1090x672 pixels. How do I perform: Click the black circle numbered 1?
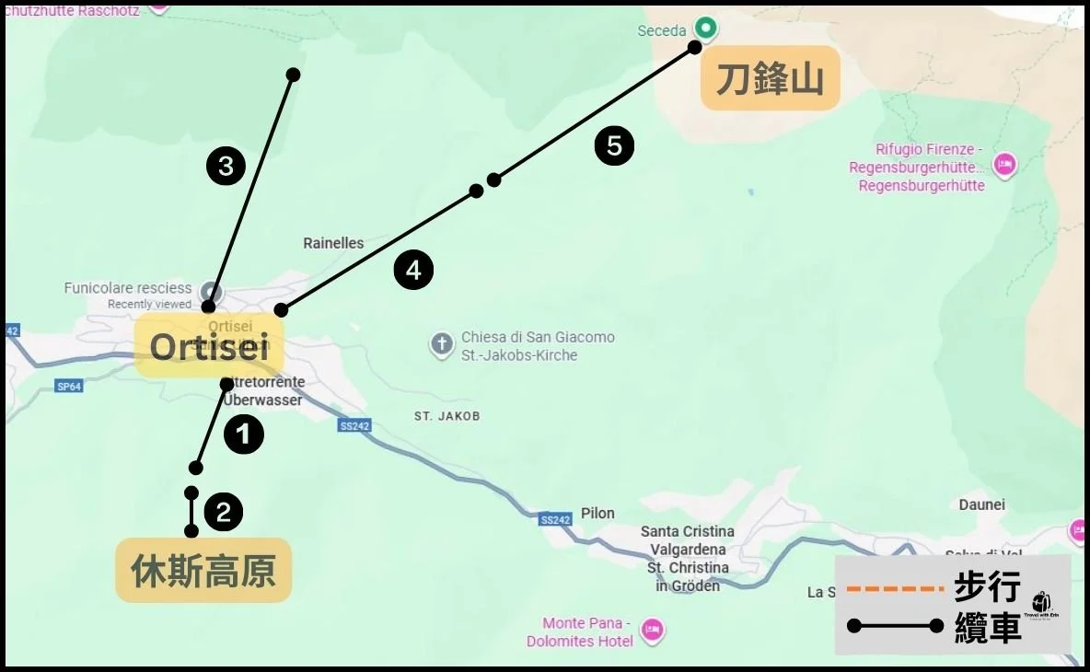pyautogui.click(x=244, y=434)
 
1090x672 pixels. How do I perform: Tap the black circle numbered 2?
pyautogui.click(x=224, y=513)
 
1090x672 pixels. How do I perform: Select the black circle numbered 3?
pyautogui.click(x=226, y=167)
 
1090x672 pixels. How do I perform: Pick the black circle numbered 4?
pyautogui.click(x=413, y=271)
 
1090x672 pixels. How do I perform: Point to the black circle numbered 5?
pyautogui.click(x=614, y=146)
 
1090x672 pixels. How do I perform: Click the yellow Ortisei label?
pyautogui.click(x=210, y=347)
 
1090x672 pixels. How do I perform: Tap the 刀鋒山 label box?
pyautogui.click(x=770, y=79)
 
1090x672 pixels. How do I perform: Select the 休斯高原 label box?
pyautogui.click(x=203, y=571)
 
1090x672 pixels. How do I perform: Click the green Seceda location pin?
pyautogui.click(x=705, y=29)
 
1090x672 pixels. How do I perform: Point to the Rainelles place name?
pyautogui.click(x=333, y=244)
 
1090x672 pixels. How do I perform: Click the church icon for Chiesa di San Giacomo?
pyautogui.click(x=442, y=345)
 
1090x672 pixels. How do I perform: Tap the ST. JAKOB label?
pyautogui.click(x=446, y=416)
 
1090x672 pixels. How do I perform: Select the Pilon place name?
pyautogui.click(x=597, y=513)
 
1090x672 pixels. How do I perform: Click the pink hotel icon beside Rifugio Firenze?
pyautogui.click(x=1004, y=165)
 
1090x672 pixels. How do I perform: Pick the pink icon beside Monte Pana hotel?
pyautogui.click(x=653, y=631)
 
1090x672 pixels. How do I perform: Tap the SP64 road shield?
pyautogui.click(x=68, y=387)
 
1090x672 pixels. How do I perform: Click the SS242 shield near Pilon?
pyautogui.click(x=556, y=519)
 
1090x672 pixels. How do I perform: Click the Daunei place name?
pyautogui.click(x=981, y=504)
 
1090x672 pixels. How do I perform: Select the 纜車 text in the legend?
pyautogui.click(x=987, y=627)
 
